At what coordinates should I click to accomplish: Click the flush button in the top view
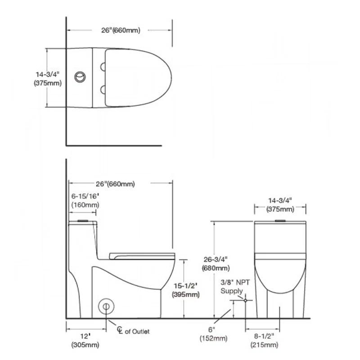(x=81, y=76)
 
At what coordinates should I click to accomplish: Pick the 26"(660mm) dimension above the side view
(x=115, y=184)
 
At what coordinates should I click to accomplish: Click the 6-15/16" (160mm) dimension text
(x=85, y=201)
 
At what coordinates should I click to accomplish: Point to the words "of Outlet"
(x=137, y=331)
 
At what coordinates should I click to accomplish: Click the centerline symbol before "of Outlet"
(x=120, y=330)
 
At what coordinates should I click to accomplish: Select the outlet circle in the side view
(x=106, y=306)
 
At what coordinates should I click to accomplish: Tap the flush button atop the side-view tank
(x=82, y=221)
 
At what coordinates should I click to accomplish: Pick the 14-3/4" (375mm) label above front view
(x=280, y=205)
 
